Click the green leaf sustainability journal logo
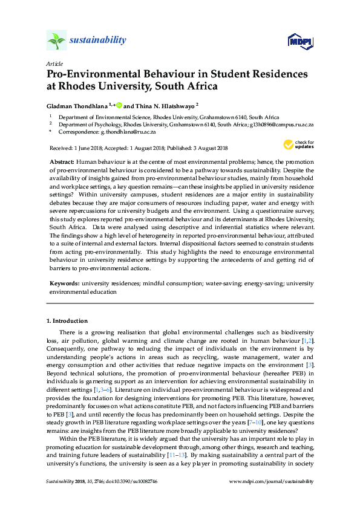click(56, 41)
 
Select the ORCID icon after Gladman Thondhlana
click(120, 105)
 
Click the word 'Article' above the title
click(54, 63)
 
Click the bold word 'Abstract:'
click(61, 163)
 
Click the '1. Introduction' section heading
click(67, 320)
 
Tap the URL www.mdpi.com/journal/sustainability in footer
click(273, 498)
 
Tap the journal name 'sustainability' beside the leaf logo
click(99, 41)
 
